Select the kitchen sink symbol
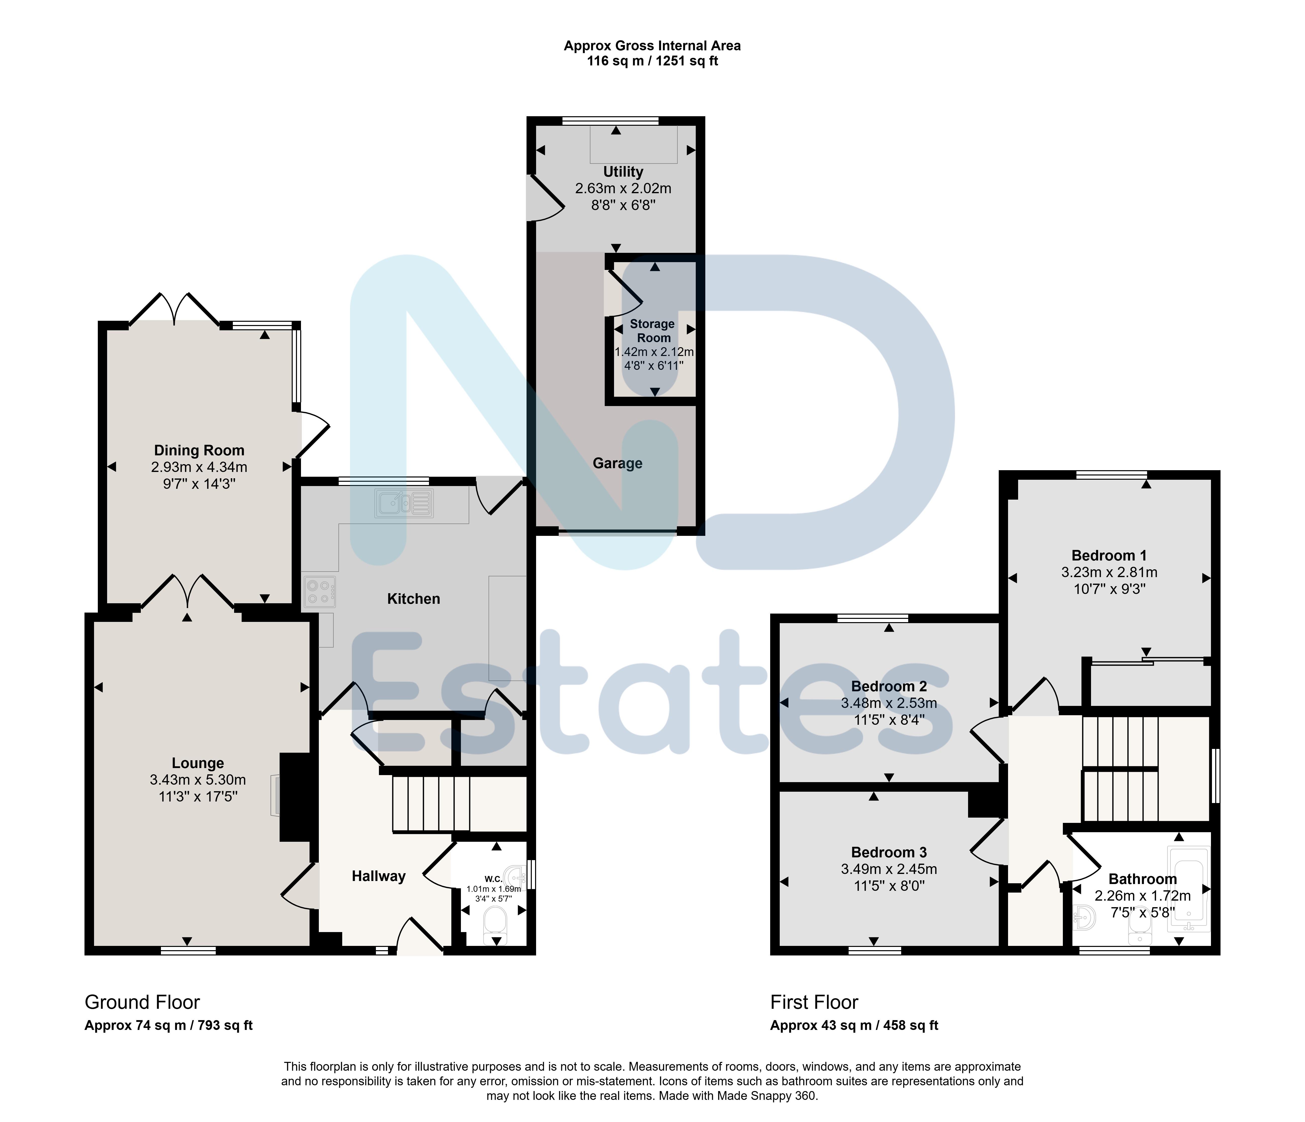(404, 503)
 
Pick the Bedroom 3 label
(889, 852)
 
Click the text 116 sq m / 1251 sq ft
(652, 61)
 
